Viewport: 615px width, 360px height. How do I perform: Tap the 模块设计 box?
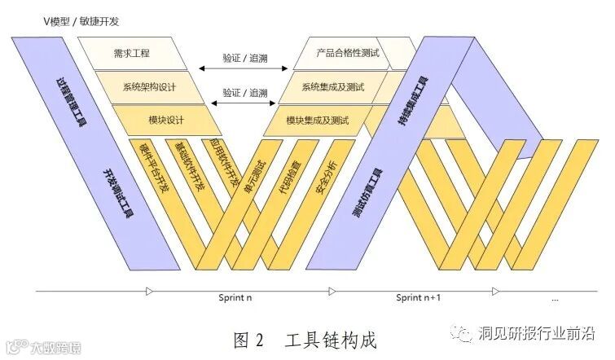point(166,121)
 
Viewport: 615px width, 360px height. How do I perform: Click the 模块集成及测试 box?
point(318,121)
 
